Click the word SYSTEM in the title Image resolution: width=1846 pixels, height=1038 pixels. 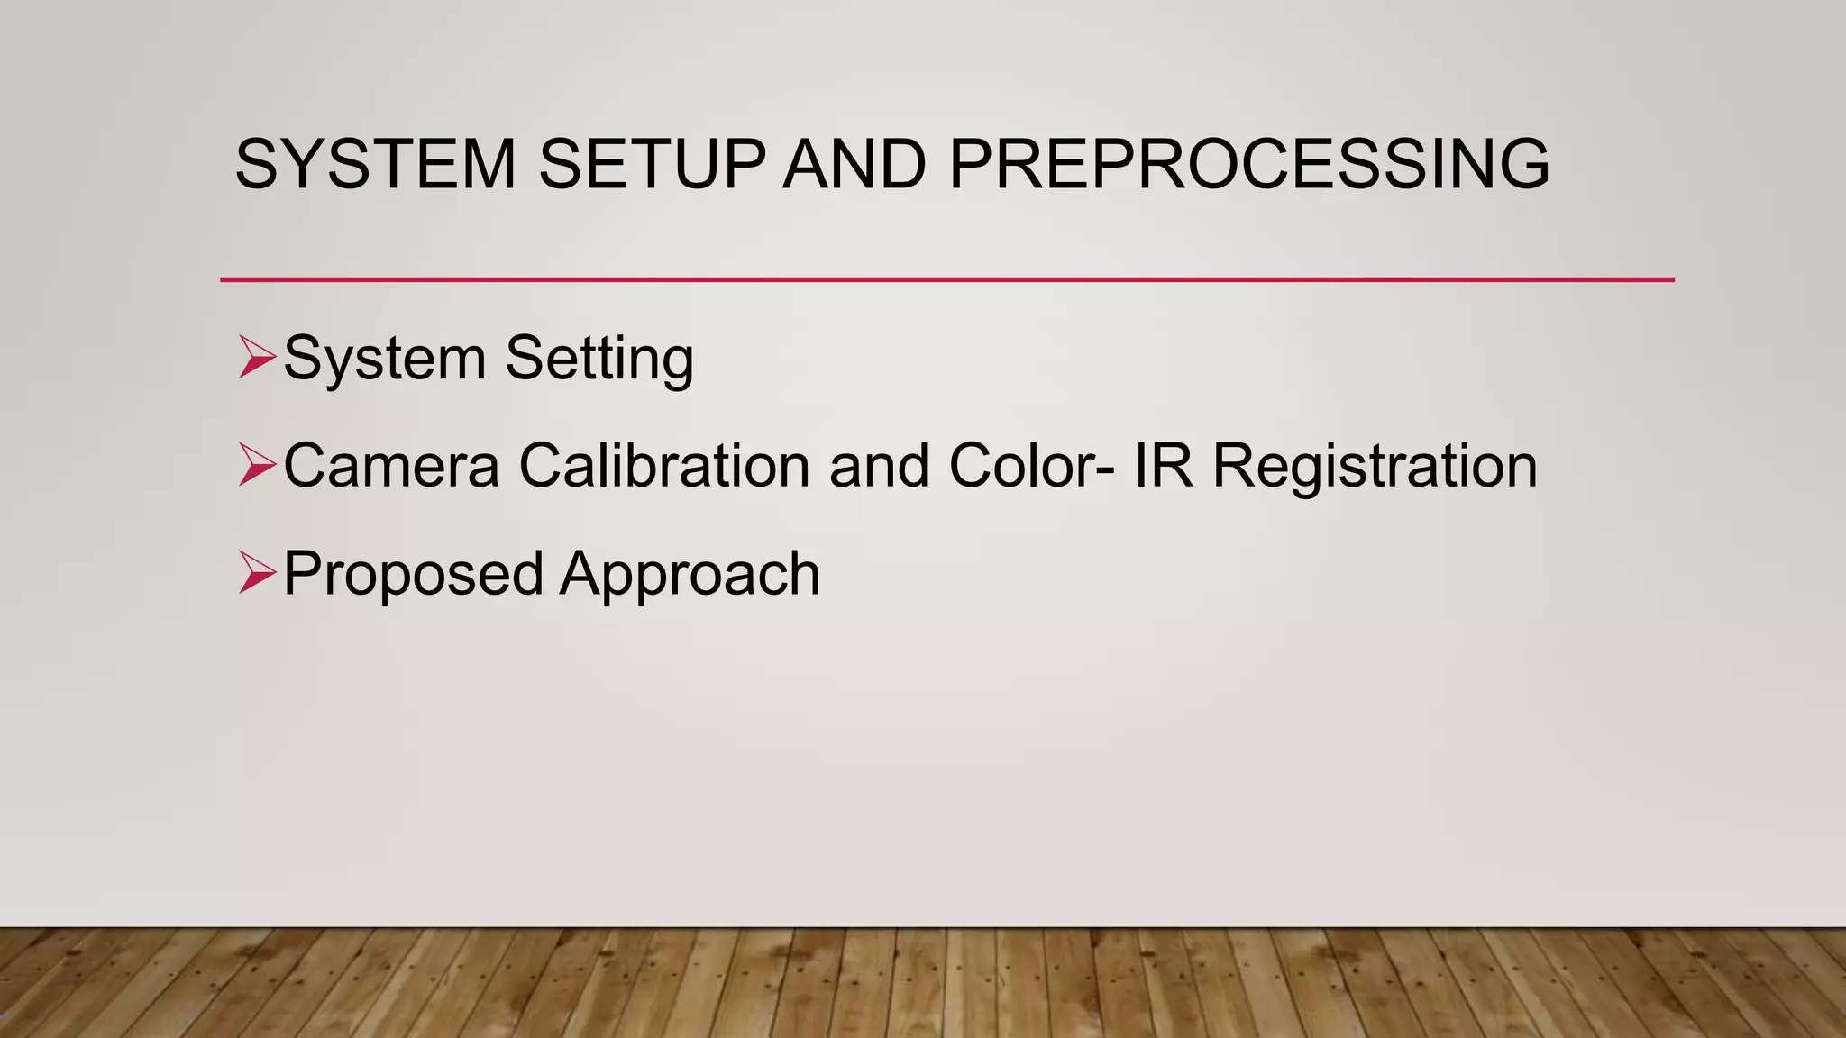[x=375, y=164]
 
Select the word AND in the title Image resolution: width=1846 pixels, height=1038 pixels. [x=854, y=164]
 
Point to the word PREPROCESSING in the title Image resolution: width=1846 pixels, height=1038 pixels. [x=1248, y=164]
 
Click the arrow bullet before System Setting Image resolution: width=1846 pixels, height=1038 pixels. [x=257, y=357]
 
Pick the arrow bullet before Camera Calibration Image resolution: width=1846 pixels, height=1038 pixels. [x=257, y=466]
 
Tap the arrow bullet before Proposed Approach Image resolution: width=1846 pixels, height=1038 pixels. [x=257, y=574]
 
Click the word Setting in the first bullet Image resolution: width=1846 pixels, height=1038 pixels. [x=599, y=359]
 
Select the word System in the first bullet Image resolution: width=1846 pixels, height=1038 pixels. [x=385, y=359]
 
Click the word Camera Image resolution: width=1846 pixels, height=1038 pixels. [x=391, y=466]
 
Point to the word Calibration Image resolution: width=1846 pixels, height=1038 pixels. [x=664, y=466]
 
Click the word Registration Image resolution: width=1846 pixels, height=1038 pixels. [x=1375, y=468]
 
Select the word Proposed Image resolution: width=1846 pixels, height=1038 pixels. [x=413, y=575]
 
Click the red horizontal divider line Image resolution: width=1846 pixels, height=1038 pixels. [x=946, y=279]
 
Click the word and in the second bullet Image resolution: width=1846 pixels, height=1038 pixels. [x=879, y=466]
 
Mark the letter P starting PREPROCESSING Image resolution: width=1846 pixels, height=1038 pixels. [x=971, y=164]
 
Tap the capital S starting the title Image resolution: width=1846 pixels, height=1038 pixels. [x=255, y=164]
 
